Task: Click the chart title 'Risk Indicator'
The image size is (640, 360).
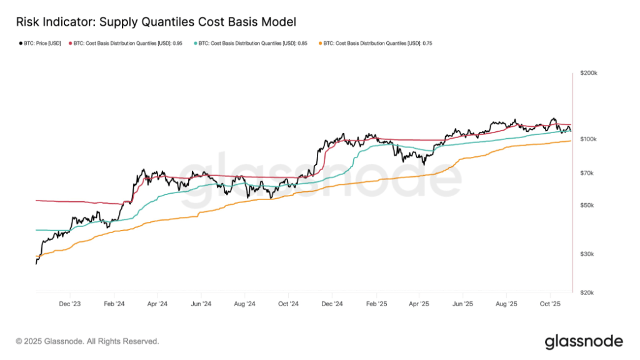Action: click(154, 22)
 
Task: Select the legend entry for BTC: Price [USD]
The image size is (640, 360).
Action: click(39, 43)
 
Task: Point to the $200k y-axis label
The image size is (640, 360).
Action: click(589, 73)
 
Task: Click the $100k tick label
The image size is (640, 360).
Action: click(589, 139)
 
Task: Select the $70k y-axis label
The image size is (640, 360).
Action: click(588, 173)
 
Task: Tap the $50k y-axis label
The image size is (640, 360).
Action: click(588, 205)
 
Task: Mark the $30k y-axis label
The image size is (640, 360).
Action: click(588, 254)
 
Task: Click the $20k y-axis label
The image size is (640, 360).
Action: click(588, 292)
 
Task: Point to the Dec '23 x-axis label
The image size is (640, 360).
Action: click(70, 304)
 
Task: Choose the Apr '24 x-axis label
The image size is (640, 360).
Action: click(157, 304)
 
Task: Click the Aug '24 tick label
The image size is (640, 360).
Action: click(245, 304)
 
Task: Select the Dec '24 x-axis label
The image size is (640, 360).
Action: click(332, 304)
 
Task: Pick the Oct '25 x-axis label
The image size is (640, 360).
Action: click(550, 304)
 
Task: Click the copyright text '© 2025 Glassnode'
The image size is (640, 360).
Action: click(87, 341)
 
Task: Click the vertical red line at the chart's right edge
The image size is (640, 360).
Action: click(573, 187)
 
